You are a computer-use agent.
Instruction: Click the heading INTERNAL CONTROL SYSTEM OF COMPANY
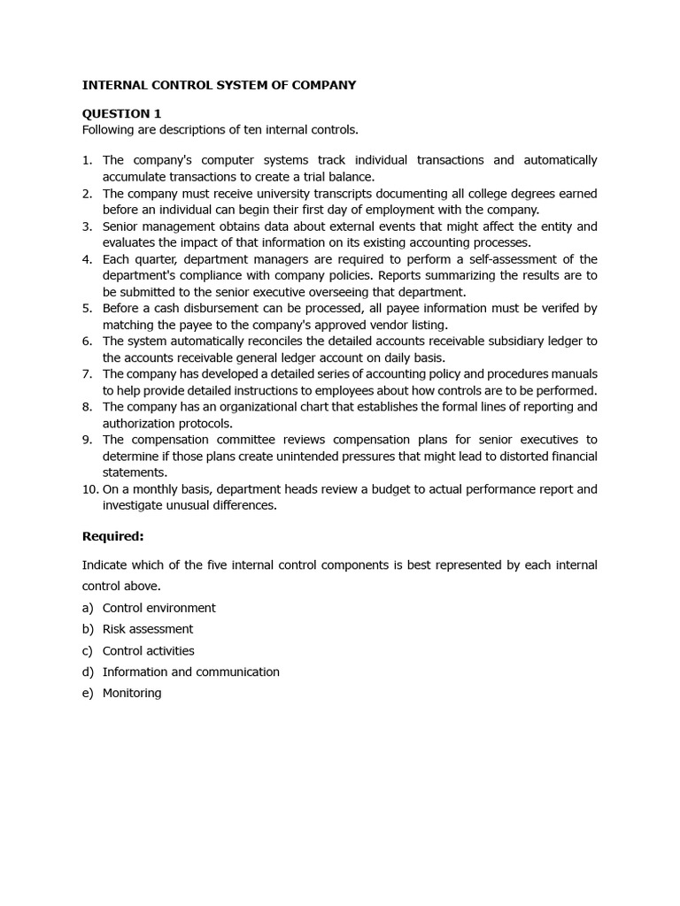[x=219, y=85]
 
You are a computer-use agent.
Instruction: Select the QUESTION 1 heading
[x=121, y=113]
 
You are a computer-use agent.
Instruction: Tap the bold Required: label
[x=112, y=536]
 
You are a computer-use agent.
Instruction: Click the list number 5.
[x=88, y=308]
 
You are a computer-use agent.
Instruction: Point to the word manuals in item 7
[x=574, y=373]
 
